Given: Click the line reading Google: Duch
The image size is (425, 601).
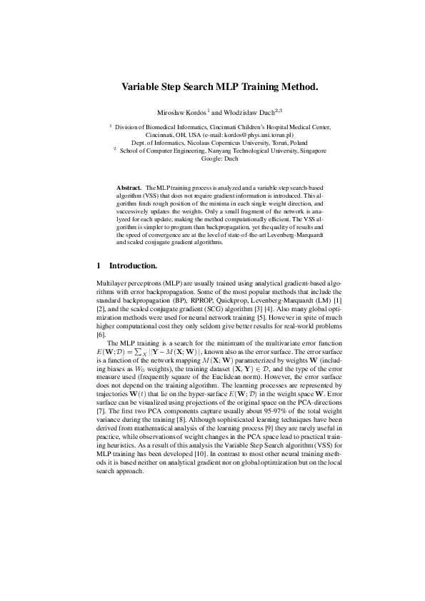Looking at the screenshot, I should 212,158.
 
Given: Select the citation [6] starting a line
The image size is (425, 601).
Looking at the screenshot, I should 101,315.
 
